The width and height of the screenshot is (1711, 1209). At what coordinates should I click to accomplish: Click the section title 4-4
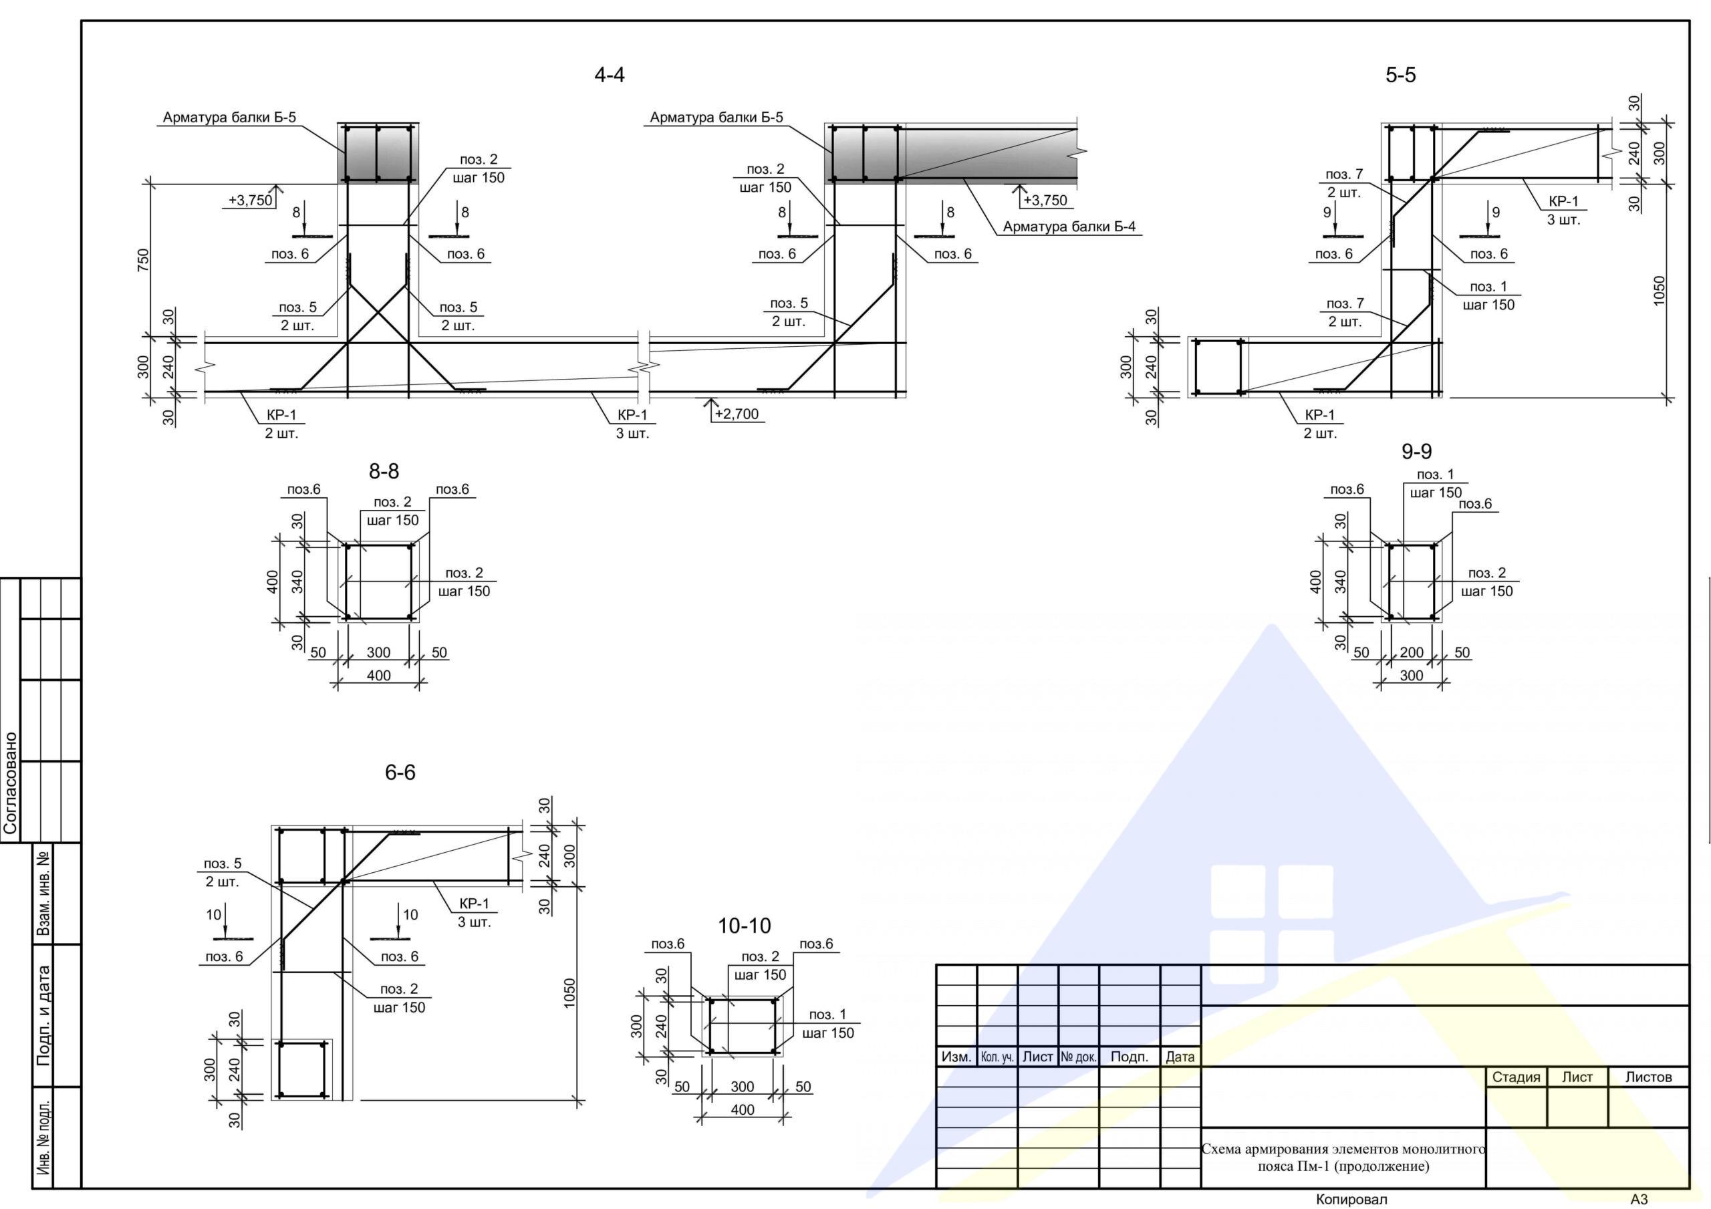pyautogui.click(x=609, y=75)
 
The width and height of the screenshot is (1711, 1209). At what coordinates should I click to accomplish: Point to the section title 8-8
pyautogui.click(x=384, y=471)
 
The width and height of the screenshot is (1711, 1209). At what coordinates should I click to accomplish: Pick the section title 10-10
pyautogui.click(x=744, y=926)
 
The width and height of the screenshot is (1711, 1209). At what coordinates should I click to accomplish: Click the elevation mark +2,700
pyautogui.click(x=737, y=414)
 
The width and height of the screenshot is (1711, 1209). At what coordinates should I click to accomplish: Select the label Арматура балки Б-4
pyautogui.click(x=1069, y=227)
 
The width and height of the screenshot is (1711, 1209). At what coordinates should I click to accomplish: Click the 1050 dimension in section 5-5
pyautogui.click(x=1659, y=291)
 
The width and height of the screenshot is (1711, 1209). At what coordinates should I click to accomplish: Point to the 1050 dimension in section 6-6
pyautogui.click(x=569, y=994)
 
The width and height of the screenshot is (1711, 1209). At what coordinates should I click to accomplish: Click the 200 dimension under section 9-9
pyautogui.click(x=1412, y=653)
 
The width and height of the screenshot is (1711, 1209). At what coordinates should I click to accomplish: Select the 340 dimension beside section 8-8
pyautogui.click(x=298, y=581)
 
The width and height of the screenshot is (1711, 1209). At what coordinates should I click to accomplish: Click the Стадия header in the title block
pyautogui.click(x=1516, y=1077)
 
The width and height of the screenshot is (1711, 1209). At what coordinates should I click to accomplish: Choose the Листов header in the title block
pyautogui.click(x=1648, y=1077)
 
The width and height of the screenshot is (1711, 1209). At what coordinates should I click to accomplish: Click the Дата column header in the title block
pyautogui.click(x=1180, y=1057)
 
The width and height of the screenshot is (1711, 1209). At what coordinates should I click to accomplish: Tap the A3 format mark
pyautogui.click(x=1639, y=1200)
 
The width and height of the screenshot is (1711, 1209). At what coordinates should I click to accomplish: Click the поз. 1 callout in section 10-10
pyautogui.click(x=828, y=1015)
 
